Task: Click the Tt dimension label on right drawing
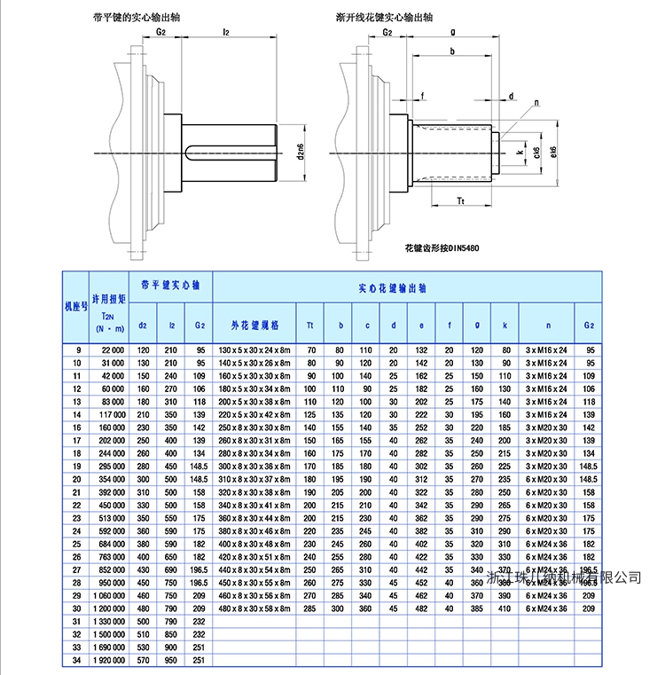click(461, 201)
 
